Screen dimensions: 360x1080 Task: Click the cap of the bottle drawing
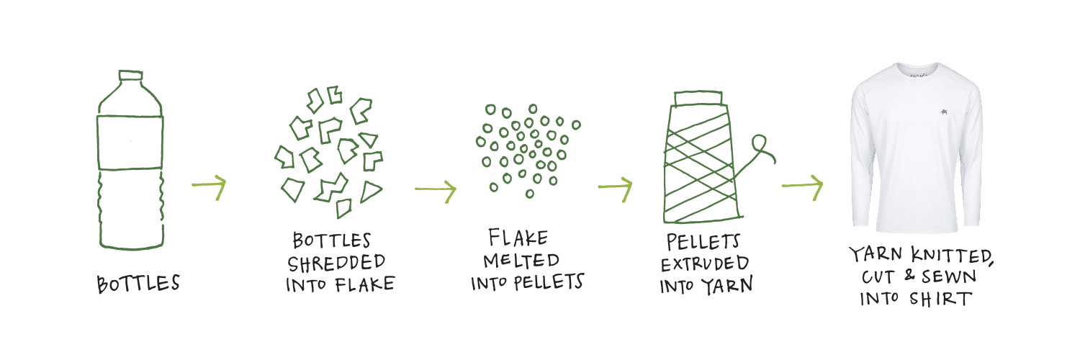tap(130, 75)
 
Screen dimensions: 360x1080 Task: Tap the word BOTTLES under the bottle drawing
tap(138, 284)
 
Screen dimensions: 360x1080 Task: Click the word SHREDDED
tap(336, 263)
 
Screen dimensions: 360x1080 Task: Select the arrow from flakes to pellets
tap(435, 190)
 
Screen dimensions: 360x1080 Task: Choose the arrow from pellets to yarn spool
tap(615, 188)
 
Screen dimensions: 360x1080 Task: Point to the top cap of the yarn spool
tap(698, 96)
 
